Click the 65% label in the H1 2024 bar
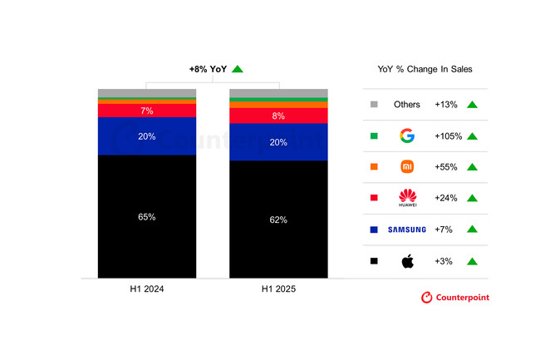[147, 217]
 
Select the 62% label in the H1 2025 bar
[278, 219]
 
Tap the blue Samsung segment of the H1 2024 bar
[147, 136]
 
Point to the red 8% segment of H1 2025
[278, 116]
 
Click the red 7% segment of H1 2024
[147, 111]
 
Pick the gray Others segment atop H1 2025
[278, 93]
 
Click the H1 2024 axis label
[147, 289]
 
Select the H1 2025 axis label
[278, 289]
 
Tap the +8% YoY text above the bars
[208, 69]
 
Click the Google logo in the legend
[407, 136]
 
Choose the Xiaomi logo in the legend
[407, 167]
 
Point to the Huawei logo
[408, 198]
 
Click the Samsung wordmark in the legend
[407, 229]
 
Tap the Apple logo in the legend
[408, 261]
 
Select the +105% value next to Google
[448, 136]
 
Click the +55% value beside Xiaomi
[446, 167]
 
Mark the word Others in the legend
[407, 105]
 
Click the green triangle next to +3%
[472, 262]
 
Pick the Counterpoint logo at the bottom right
[455, 298]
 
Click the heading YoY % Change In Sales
[425, 69]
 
